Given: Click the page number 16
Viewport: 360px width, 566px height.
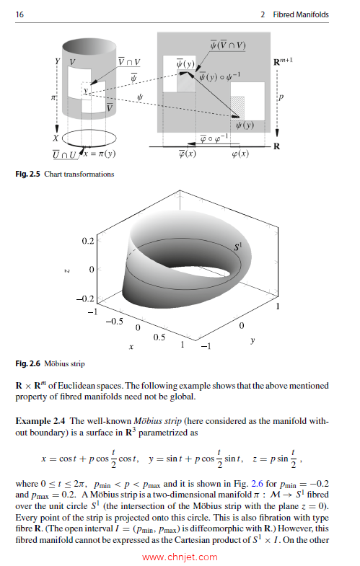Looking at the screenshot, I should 19,15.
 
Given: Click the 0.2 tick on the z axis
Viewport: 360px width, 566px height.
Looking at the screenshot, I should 88,239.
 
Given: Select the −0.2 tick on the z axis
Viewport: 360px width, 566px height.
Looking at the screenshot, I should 85,298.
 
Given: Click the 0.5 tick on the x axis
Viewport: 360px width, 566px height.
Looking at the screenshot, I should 159,337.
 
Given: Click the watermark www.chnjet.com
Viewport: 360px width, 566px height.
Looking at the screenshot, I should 180,557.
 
